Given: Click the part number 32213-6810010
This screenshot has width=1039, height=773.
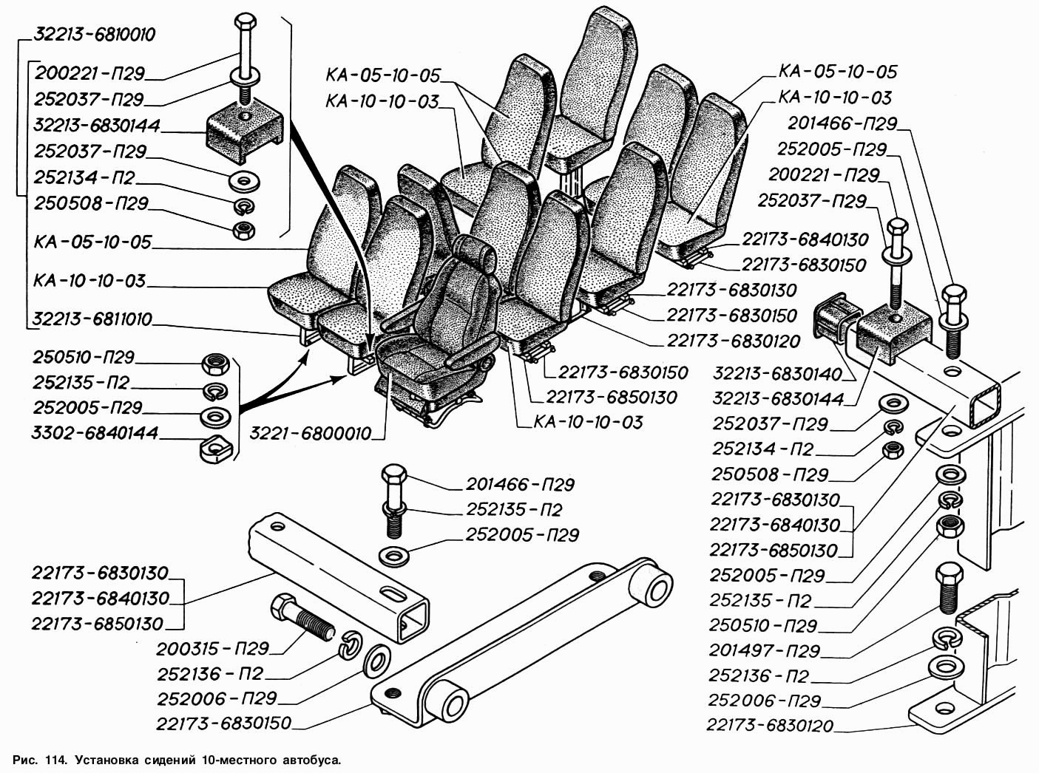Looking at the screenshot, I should (94, 35).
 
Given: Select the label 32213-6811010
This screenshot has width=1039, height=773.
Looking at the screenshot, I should (92, 319).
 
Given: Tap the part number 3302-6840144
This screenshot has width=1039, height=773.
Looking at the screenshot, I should (95, 433).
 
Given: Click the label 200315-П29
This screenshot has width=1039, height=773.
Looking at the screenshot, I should (212, 649).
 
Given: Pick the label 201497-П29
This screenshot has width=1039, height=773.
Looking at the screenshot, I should (765, 651).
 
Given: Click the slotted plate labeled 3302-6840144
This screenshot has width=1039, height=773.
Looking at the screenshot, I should (215, 448).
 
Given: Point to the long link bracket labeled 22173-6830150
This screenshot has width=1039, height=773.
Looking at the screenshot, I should (518, 636).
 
